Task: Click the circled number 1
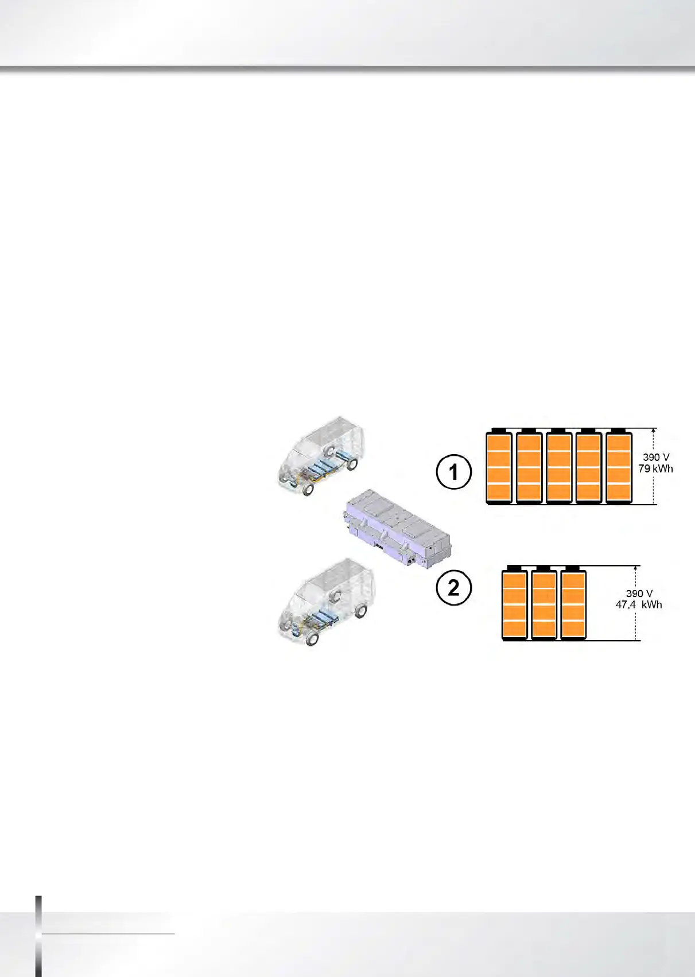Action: [x=453, y=472]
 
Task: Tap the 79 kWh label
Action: [x=655, y=468]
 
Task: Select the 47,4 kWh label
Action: [x=638, y=604]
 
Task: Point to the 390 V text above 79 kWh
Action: [x=655, y=458]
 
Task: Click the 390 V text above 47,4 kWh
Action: [x=639, y=594]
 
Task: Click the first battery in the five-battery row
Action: [x=499, y=467]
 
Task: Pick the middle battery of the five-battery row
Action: [x=559, y=467]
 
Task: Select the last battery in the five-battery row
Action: [x=619, y=467]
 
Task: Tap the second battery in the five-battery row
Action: [x=529, y=467]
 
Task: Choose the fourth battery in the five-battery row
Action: [x=589, y=467]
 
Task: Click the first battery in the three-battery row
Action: [x=514, y=603]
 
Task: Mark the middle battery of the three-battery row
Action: [x=543, y=603]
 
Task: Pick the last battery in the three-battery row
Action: [x=573, y=603]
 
